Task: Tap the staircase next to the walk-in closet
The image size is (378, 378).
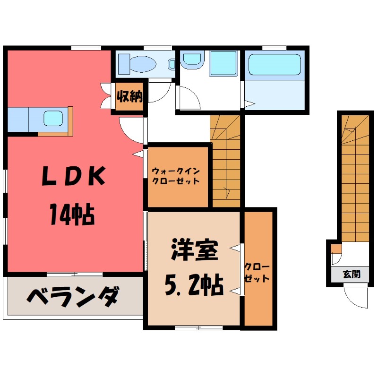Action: [x=226, y=161]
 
